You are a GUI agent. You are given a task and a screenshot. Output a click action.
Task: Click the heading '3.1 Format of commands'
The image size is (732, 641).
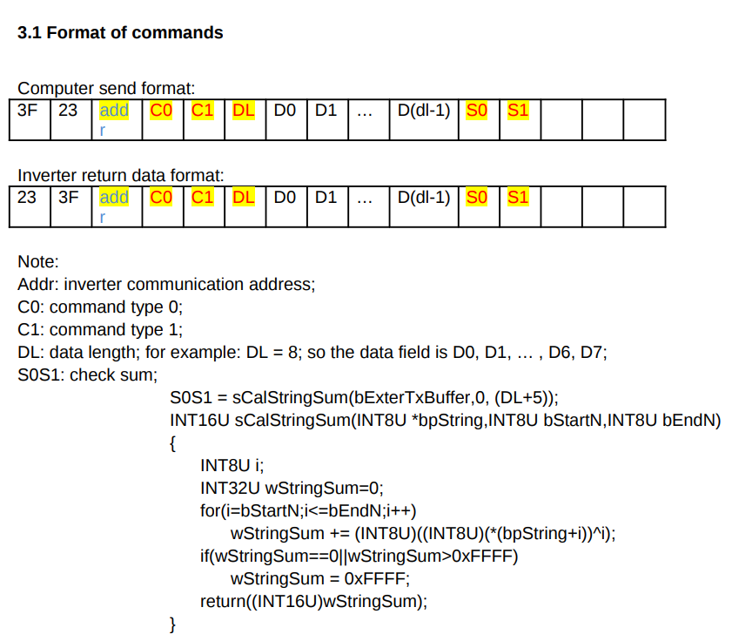[120, 33]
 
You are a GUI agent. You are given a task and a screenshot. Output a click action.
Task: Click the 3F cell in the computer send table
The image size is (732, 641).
[28, 111]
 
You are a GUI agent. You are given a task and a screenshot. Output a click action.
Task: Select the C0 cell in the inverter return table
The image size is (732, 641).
[161, 198]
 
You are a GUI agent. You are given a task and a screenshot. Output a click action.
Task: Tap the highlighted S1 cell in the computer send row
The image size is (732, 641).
[518, 111]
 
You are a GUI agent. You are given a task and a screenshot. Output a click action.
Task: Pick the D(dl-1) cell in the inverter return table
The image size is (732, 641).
[423, 198]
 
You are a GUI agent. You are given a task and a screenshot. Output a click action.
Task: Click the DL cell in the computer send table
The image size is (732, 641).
[244, 111]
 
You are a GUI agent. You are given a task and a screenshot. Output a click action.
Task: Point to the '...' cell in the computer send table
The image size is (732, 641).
[366, 111]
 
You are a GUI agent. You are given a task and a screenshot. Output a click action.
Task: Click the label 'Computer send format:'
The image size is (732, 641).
[106, 89]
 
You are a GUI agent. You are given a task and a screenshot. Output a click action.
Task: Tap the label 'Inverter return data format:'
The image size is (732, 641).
[121, 175]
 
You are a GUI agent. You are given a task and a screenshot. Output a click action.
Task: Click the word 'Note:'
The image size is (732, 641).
[38, 261]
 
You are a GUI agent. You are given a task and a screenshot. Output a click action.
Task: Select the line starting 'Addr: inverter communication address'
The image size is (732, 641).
[166, 284]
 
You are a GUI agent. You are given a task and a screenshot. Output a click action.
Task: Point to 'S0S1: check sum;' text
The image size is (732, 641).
[87, 375]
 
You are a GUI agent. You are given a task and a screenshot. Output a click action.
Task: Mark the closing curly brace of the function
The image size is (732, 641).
[173, 624]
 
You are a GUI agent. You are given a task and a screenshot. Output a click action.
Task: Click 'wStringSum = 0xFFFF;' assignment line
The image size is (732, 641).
[319, 578]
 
